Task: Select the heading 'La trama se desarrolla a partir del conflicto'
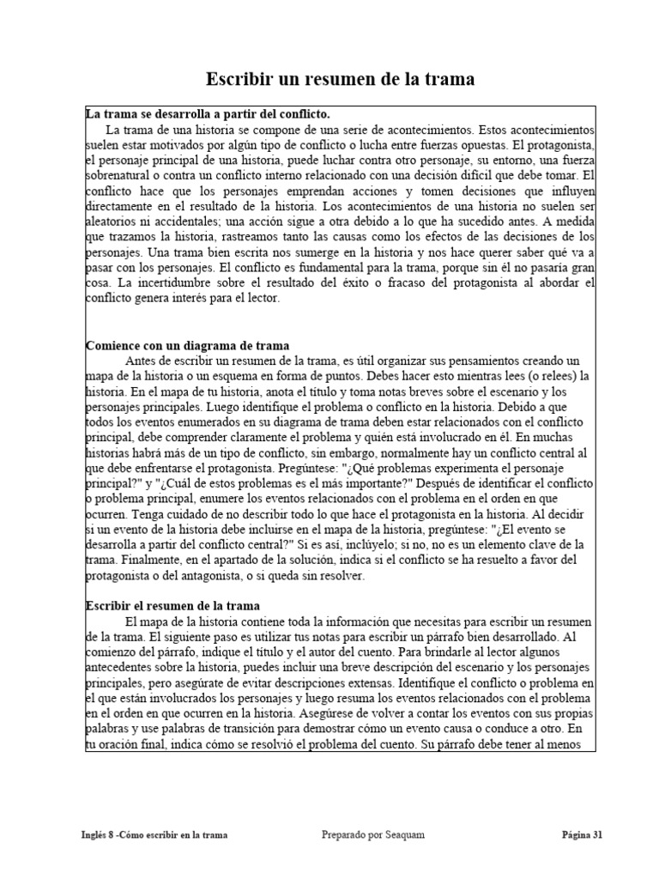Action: pyautogui.click(x=208, y=113)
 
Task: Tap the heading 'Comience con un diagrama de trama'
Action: pyautogui.click(x=179, y=345)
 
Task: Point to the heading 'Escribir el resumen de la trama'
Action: pyautogui.click(x=173, y=605)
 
